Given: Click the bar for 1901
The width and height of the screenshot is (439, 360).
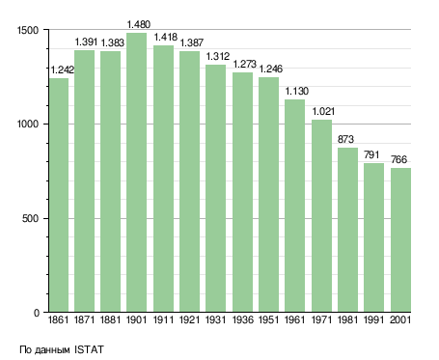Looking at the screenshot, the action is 137,173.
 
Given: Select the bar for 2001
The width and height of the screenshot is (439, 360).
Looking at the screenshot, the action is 400,240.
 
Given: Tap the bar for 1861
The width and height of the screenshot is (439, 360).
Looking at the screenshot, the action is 59,195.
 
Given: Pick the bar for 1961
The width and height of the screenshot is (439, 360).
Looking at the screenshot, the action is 295,206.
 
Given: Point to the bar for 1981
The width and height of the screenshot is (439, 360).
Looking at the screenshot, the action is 347,230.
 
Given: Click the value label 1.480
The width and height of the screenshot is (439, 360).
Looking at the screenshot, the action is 139,24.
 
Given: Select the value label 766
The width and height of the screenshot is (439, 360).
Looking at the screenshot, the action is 398,159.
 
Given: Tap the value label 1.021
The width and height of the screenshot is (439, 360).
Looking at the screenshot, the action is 323,111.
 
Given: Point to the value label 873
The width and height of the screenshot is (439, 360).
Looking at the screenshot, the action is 345,139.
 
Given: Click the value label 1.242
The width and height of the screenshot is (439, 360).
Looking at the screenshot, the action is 63,69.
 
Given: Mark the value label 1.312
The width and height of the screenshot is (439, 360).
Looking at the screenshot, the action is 218,56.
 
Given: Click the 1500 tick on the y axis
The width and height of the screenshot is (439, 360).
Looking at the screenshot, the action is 28,30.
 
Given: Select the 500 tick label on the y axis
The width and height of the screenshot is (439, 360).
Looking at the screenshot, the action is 30,218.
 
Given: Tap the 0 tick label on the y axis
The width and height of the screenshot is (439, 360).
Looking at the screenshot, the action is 37,313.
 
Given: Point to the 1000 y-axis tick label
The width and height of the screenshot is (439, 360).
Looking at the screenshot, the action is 28,125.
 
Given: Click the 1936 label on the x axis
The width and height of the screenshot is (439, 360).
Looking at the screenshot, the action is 242,319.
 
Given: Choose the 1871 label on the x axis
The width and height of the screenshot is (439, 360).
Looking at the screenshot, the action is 84,319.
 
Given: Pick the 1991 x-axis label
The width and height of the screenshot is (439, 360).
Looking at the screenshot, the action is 374,319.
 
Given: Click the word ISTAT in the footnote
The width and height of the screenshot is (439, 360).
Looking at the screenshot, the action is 89,349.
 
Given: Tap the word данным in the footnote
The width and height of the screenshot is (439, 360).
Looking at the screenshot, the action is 52,350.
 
